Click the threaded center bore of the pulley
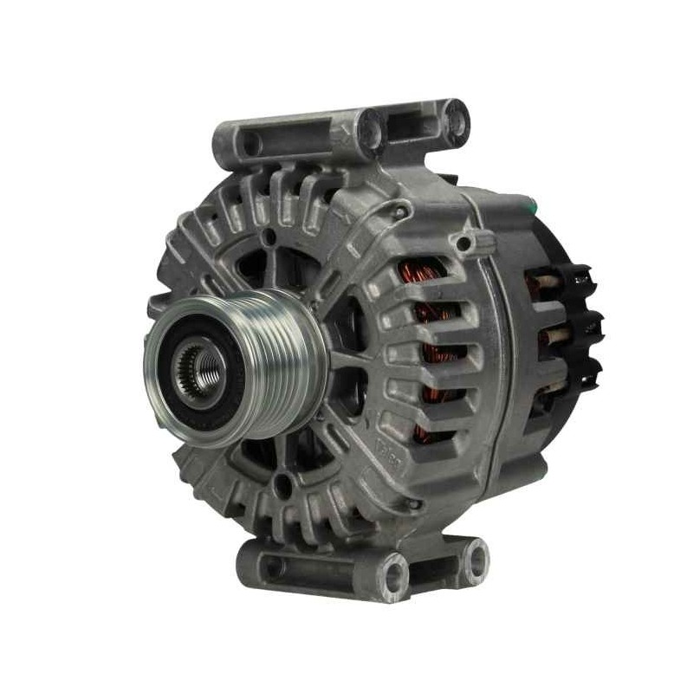(x=200, y=371)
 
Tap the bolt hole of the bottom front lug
(x=395, y=573)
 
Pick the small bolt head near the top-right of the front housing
(x=400, y=211)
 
